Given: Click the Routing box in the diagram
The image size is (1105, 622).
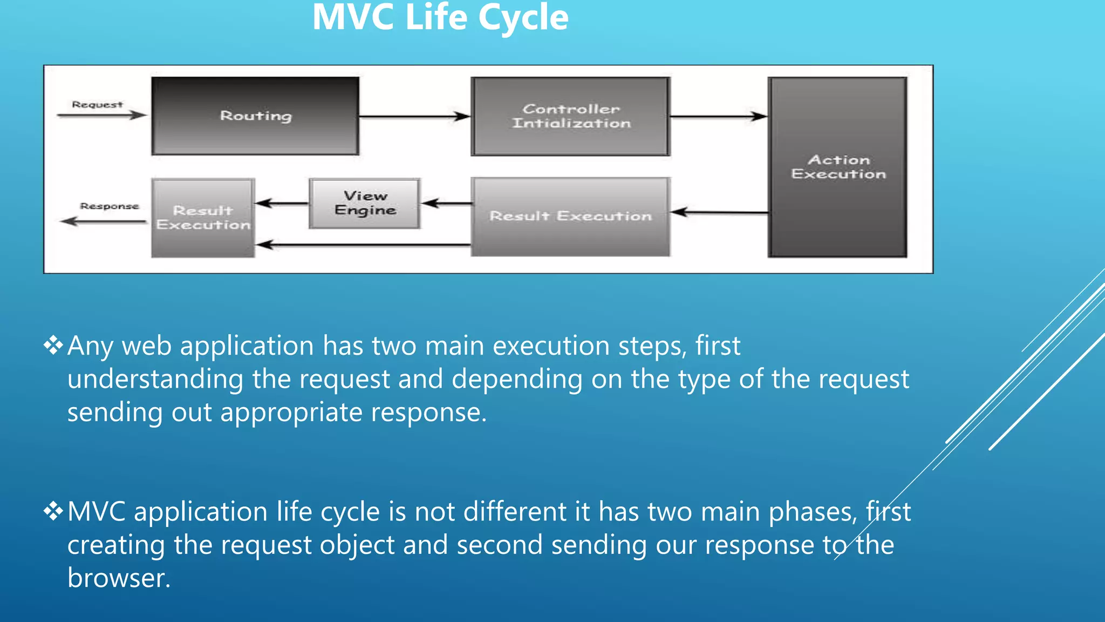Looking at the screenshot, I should [x=255, y=116].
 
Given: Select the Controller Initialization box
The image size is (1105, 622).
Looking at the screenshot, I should [x=571, y=116].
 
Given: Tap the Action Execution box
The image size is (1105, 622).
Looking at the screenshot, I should [x=838, y=167].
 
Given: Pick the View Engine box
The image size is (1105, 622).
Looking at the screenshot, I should [x=365, y=203].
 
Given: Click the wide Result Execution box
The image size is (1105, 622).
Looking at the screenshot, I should [x=571, y=216].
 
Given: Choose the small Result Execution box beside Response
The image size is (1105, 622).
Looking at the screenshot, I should [x=203, y=218].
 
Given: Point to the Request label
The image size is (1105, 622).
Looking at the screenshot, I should [x=97, y=104].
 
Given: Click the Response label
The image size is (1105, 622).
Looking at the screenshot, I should [x=110, y=206].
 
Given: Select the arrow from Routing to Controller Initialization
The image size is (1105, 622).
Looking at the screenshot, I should [x=414, y=116].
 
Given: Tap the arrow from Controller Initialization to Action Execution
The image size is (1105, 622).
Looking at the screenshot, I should [x=718, y=116].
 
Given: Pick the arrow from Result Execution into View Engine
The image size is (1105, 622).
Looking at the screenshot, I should [x=446, y=203].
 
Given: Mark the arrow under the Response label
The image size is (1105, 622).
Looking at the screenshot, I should [x=103, y=221].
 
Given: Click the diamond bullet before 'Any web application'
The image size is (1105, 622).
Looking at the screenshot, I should [x=53, y=345].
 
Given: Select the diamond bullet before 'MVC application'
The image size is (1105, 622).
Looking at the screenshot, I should [x=53, y=511].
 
